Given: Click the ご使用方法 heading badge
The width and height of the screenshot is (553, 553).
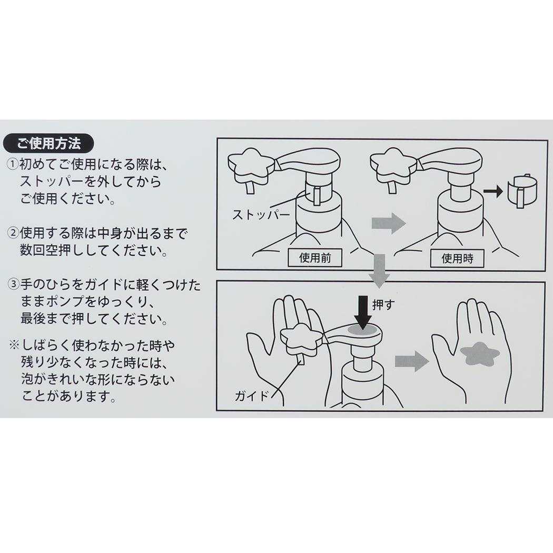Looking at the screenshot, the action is pyautogui.click(x=48, y=143).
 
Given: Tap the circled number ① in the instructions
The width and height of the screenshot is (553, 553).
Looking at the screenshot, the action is pyautogui.click(x=13, y=164).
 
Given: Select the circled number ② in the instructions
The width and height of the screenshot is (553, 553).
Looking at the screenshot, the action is pyautogui.click(x=13, y=233).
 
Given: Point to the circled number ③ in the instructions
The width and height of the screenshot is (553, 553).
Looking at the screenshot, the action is pyautogui.click(x=13, y=284).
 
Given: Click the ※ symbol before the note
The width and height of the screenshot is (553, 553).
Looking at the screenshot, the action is pyautogui.click(x=14, y=344).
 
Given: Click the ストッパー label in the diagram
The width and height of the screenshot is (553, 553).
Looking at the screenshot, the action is pyautogui.click(x=261, y=214).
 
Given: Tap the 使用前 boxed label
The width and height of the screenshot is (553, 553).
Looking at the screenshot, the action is pyautogui.click(x=315, y=258).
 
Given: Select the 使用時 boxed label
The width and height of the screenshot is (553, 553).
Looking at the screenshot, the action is pyautogui.click(x=457, y=259).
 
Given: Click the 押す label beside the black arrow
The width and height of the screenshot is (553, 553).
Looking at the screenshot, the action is pyautogui.click(x=383, y=305).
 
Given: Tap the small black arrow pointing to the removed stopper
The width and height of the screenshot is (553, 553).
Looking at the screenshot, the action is pyautogui.click(x=493, y=192).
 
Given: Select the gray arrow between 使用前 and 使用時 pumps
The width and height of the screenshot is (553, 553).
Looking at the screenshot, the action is pyautogui.click(x=389, y=223).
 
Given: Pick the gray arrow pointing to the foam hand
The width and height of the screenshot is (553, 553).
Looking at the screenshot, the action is pyautogui.click(x=411, y=361).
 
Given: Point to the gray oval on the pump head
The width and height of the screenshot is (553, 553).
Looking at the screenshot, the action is pyautogui.click(x=363, y=330).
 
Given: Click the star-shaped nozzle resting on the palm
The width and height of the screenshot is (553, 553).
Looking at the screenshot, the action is pyautogui.click(x=302, y=339).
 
